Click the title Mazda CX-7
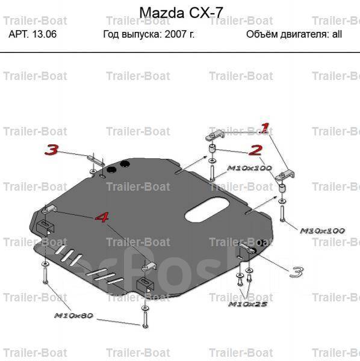click(181, 13)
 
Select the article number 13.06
click(45, 34)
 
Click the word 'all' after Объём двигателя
click(337, 34)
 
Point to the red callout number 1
click(264, 128)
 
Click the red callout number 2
click(255, 150)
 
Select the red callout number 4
click(102, 217)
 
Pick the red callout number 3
click(51, 150)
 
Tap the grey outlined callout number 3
click(296, 272)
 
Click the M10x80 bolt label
click(73, 315)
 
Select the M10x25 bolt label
click(248, 304)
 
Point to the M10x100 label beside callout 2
click(249, 168)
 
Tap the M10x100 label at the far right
click(323, 230)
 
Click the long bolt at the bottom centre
click(145, 319)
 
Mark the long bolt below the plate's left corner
click(45, 275)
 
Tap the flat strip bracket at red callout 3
click(96, 161)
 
